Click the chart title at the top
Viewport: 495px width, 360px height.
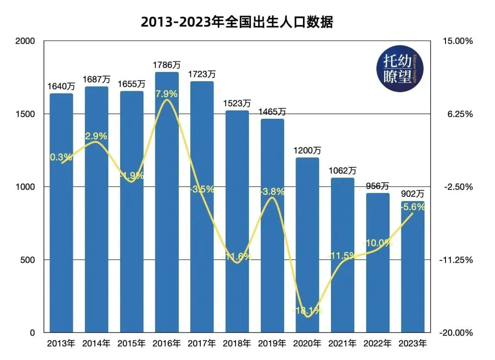tap(236, 22)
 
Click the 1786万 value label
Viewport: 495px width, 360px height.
tap(167, 65)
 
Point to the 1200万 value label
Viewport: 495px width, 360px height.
tap(307, 150)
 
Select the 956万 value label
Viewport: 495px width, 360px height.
tap(377, 186)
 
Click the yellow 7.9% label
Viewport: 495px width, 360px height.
tap(167, 94)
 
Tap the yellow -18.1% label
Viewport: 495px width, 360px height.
tap(307, 310)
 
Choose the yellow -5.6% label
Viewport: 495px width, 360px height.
tap(412, 207)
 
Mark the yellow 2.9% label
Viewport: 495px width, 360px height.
tap(96, 136)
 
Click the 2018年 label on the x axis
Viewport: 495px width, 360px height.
tap(237, 343)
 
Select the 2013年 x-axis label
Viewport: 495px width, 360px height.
tap(61, 343)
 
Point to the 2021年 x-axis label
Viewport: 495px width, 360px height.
tap(342, 343)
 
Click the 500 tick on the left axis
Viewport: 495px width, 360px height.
tap(28, 260)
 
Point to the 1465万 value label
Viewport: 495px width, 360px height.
tap(272, 111)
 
